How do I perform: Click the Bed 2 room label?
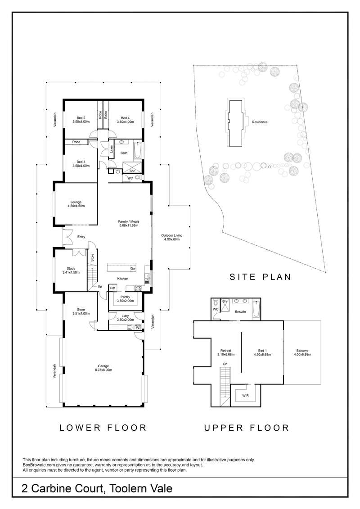(x=81, y=118)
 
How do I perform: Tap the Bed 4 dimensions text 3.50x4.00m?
(x=125, y=122)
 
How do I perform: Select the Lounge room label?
(x=76, y=202)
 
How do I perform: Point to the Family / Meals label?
(x=129, y=222)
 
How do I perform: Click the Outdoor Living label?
(x=172, y=236)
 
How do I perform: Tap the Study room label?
(x=71, y=269)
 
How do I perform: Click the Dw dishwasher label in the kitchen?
(x=133, y=269)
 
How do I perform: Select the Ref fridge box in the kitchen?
(x=112, y=288)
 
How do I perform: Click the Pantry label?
(x=125, y=297)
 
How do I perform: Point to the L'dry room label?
(x=125, y=316)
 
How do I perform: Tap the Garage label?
(x=103, y=366)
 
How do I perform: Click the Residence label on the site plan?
(x=260, y=122)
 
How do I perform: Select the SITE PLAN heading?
(x=260, y=277)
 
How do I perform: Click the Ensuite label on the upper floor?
(x=241, y=311)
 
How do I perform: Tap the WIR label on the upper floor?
(x=245, y=396)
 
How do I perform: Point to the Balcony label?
(x=302, y=351)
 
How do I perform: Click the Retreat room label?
(x=225, y=351)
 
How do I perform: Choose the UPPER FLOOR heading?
(x=247, y=428)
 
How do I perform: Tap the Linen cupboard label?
(x=111, y=149)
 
